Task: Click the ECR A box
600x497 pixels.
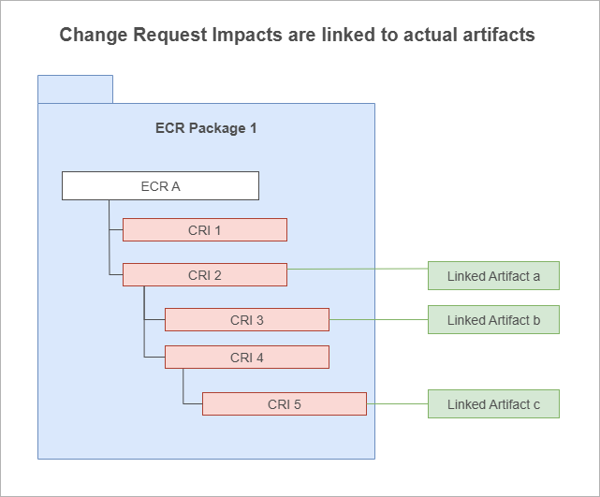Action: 160,186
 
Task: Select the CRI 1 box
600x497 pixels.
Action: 205,230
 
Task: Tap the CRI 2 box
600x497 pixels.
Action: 205,275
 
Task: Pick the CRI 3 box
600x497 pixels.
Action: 247,319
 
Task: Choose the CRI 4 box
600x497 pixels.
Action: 247,358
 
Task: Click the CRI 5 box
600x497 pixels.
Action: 285,404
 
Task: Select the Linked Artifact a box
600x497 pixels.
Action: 493,276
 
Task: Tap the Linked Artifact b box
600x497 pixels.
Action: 493,320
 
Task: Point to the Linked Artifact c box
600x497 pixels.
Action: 493,404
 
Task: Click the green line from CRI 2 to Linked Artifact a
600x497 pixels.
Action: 358,269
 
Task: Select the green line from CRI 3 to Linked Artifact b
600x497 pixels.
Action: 378,319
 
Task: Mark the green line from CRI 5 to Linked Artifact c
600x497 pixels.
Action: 397,403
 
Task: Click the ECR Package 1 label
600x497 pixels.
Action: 206,128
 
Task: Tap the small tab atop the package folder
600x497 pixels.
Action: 76,89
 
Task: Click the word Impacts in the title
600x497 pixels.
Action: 247,36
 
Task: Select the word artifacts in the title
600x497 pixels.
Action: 499,35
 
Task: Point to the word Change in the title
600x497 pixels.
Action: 94,36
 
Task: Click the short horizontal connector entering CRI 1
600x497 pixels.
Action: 116,229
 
